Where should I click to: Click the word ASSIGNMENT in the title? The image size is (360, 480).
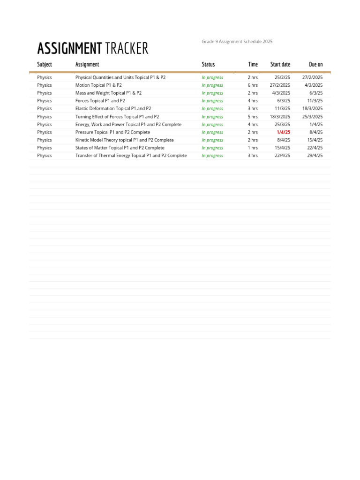(x=69, y=48)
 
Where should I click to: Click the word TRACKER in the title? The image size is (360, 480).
(x=127, y=48)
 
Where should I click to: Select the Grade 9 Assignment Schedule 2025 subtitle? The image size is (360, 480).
(x=237, y=42)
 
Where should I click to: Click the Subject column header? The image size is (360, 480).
(x=45, y=64)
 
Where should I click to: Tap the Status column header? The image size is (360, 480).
(x=208, y=64)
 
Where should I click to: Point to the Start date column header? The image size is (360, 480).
(x=280, y=64)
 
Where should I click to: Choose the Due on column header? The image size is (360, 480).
(x=316, y=64)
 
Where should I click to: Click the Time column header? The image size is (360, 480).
(x=253, y=64)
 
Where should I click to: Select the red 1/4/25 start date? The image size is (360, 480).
(x=284, y=132)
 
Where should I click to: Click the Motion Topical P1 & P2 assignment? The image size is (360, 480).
(x=98, y=85)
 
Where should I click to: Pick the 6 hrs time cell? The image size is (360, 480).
(x=253, y=85)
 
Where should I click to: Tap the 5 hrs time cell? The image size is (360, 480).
(x=253, y=117)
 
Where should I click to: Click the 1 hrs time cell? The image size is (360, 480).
(x=253, y=148)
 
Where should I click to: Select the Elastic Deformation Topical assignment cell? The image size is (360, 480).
(x=113, y=109)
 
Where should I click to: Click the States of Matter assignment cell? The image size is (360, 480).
(x=120, y=148)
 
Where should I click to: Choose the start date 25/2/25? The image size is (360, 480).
(x=283, y=77)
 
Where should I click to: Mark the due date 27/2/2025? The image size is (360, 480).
(x=312, y=77)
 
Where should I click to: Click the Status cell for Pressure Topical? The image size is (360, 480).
(x=212, y=132)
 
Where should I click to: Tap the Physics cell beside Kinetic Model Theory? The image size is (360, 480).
(x=45, y=140)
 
